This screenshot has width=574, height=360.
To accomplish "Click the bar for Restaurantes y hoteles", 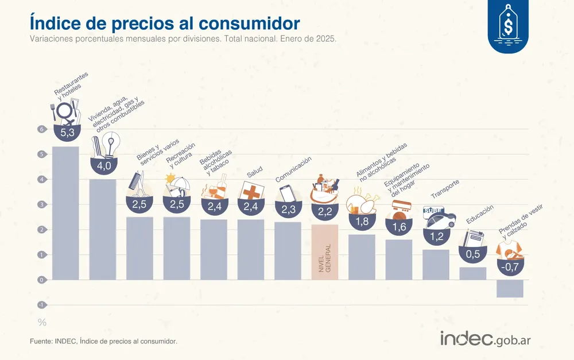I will [x=65, y=213].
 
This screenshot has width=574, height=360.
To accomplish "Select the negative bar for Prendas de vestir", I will [x=510, y=288].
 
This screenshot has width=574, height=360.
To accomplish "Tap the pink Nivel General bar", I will [x=325, y=252].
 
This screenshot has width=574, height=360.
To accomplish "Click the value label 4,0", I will [x=103, y=167].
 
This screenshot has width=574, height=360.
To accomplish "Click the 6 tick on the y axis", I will [x=41, y=129].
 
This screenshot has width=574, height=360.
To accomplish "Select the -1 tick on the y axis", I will [x=41, y=305].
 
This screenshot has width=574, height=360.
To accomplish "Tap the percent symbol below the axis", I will [x=42, y=322].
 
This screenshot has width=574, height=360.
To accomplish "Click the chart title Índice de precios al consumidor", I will [x=164, y=22].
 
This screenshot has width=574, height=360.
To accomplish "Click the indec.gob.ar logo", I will [x=485, y=339].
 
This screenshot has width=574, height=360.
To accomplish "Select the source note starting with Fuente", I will [x=103, y=341].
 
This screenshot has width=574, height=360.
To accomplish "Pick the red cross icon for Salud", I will [x=251, y=191].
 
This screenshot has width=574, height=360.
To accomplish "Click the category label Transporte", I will [x=445, y=188].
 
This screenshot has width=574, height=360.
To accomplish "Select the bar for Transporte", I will [x=436, y=265].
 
